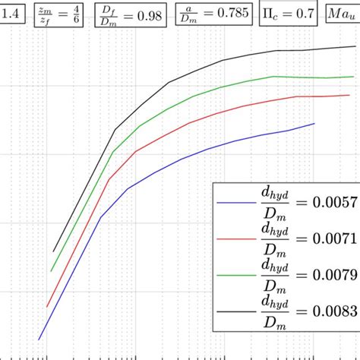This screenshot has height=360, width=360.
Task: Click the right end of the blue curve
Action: pyautogui.click(x=314, y=123)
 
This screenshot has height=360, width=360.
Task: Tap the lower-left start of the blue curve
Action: pyautogui.click(x=39, y=339)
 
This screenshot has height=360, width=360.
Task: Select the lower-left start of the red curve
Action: pyautogui.click(x=46, y=307)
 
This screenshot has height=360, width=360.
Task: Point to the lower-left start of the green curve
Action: pyautogui.click(x=50, y=271)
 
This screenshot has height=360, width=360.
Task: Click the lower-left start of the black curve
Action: pyautogui.click(x=54, y=251)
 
